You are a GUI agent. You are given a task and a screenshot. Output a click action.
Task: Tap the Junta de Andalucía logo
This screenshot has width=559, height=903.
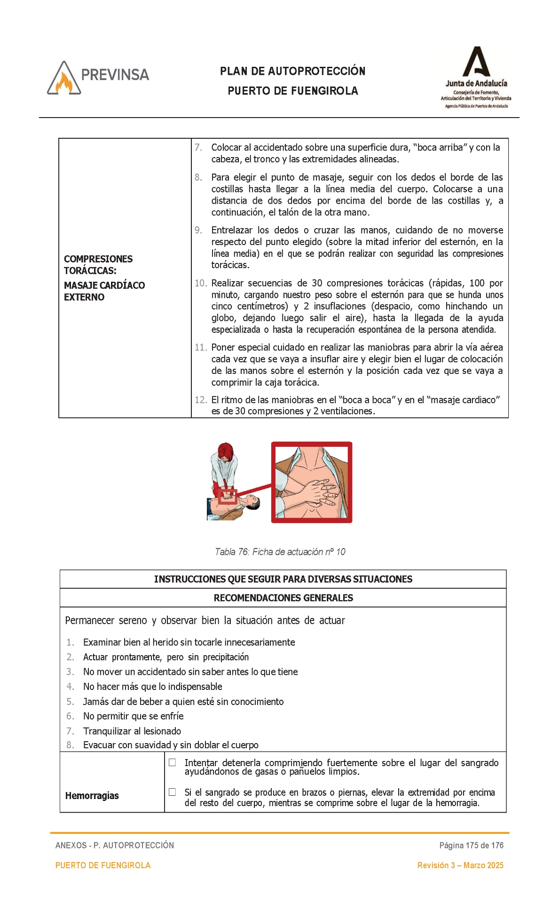(476, 78)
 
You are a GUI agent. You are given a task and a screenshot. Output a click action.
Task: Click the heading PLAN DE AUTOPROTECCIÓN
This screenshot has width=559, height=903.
(292, 71)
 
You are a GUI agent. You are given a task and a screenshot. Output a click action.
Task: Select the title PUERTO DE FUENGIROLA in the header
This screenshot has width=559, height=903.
(292, 91)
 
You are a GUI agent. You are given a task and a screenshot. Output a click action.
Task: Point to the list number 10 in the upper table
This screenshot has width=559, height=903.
(200, 283)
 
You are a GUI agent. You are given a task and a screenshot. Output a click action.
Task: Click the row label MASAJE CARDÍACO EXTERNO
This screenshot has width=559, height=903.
(104, 291)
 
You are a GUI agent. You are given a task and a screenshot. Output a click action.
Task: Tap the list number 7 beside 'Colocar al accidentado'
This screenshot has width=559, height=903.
(198, 148)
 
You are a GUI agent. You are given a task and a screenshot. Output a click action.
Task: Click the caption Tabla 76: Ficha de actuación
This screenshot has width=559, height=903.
(280, 552)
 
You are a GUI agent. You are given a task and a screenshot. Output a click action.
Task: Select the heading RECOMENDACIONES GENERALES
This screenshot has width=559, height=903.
(283, 598)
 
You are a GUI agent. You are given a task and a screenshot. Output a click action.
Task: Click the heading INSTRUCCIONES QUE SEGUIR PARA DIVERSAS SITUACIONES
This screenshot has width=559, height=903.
(283, 579)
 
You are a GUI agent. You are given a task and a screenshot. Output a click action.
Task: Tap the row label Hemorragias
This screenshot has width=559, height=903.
(92, 795)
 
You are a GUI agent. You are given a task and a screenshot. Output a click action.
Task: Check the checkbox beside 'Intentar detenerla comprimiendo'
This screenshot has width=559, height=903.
(173, 762)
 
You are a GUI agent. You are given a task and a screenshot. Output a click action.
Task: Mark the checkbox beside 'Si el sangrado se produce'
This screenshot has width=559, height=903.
(173, 792)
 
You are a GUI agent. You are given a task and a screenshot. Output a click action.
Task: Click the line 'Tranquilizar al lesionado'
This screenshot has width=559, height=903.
(132, 731)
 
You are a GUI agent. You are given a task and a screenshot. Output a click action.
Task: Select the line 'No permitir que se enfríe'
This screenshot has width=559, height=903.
(133, 716)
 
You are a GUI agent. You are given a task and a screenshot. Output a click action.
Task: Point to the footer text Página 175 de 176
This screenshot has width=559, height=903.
(471, 845)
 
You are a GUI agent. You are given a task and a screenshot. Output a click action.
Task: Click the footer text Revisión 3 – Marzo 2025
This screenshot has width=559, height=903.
(460, 865)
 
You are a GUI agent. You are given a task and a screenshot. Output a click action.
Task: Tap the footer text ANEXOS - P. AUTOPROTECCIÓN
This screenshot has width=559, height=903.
(115, 845)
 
